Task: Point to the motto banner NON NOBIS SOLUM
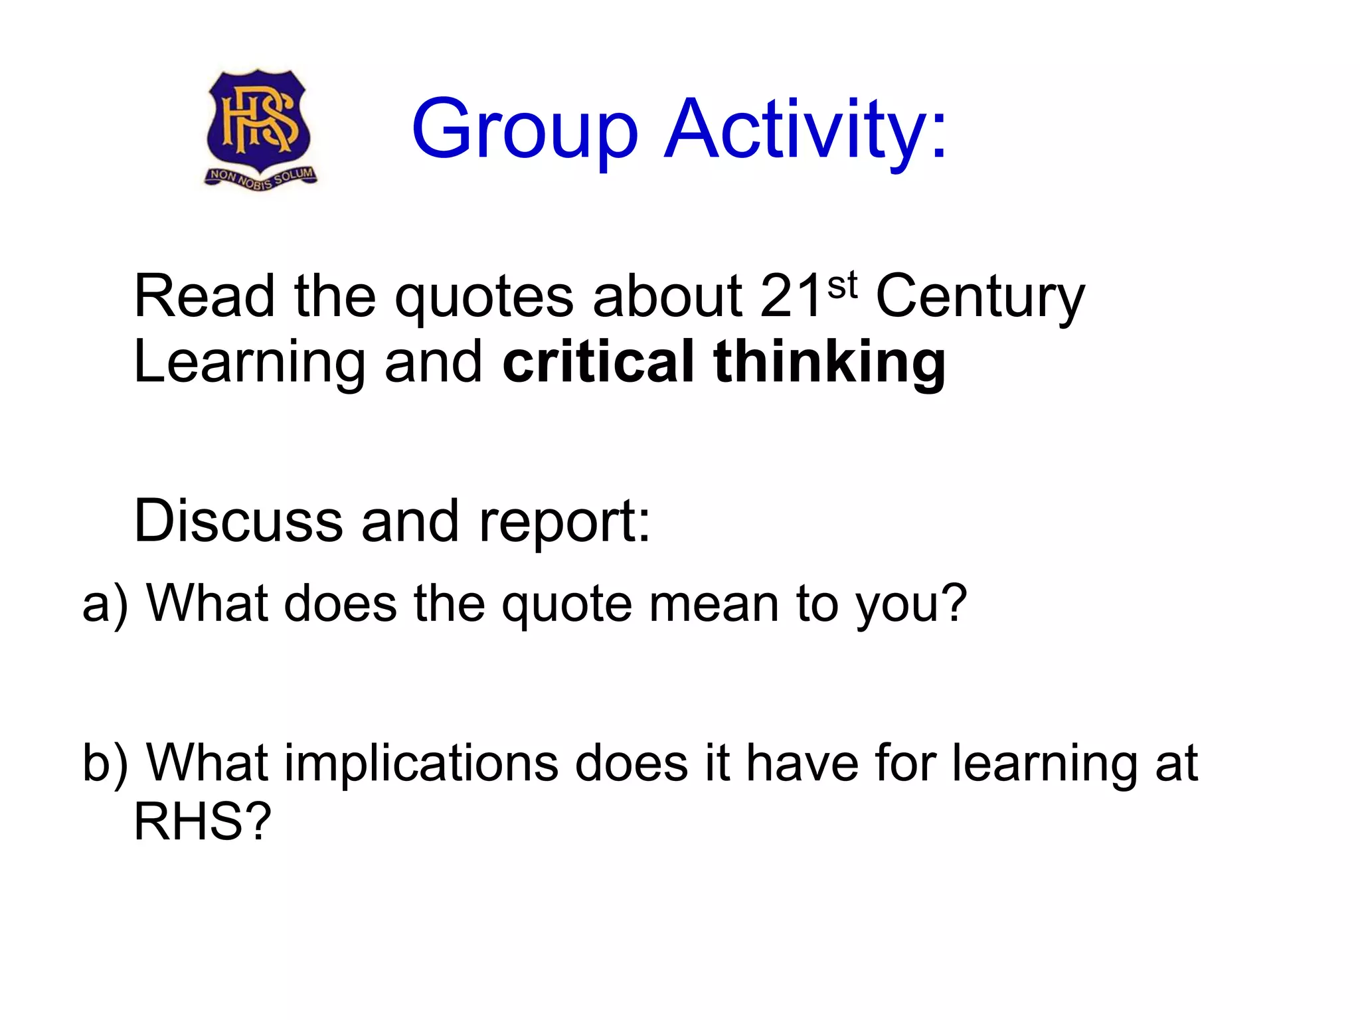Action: tap(261, 178)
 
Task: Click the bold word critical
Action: tap(598, 362)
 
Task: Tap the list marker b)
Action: tap(104, 764)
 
